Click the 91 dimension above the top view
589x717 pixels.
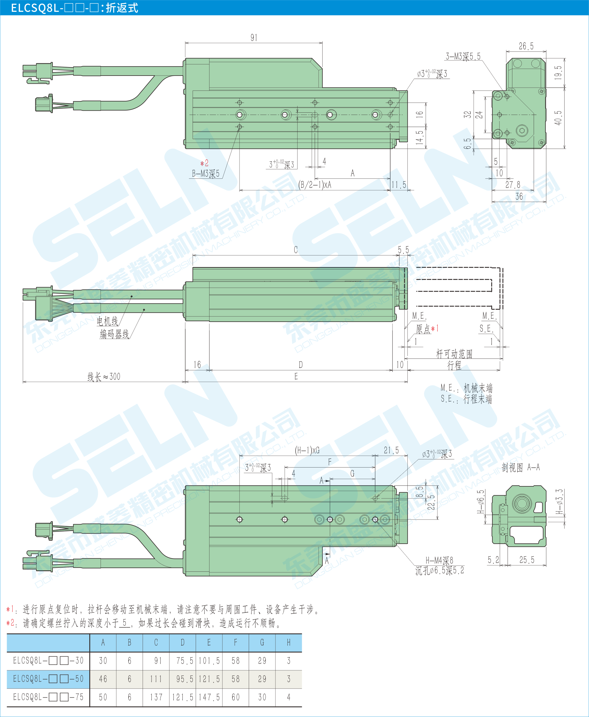click(254, 38)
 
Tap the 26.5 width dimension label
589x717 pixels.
click(526, 46)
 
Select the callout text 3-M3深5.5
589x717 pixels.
click(463, 56)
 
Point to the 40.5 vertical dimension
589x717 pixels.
click(558, 117)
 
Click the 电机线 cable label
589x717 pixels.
click(107, 321)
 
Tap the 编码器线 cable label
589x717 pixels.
click(114, 334)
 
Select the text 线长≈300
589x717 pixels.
click(104, 376)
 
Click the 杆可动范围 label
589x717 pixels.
click(454, 354)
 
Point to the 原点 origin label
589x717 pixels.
click(423, 329)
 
